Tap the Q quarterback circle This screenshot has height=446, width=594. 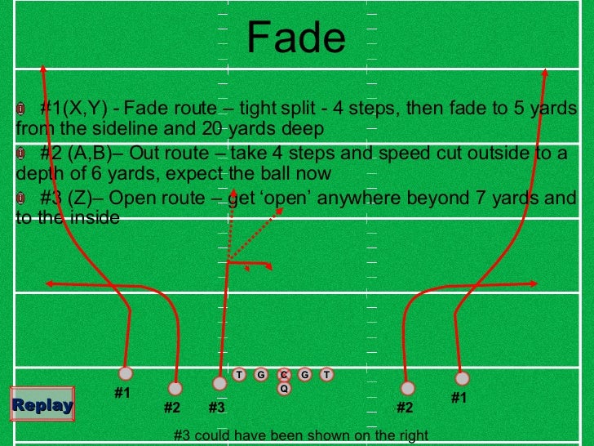[x=284, y=389]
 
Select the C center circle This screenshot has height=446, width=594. [x=284, y=375]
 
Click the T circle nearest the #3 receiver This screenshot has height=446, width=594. [x=240, y=375]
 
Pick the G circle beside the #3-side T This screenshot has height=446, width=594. [x=261, y=375]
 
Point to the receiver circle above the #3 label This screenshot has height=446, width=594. [x=219, y=383]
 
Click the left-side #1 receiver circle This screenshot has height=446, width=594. [x=125, y=373]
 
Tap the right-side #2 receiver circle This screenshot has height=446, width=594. [x=408, y=388]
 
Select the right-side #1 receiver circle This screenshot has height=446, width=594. [x=462, y=378]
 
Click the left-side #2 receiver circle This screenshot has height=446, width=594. [x=175, y=388]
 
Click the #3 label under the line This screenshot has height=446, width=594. [x=216, y=407]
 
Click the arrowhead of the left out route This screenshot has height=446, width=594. [x=49, y=283]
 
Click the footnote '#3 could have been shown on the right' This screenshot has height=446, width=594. [x=301, y=436]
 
